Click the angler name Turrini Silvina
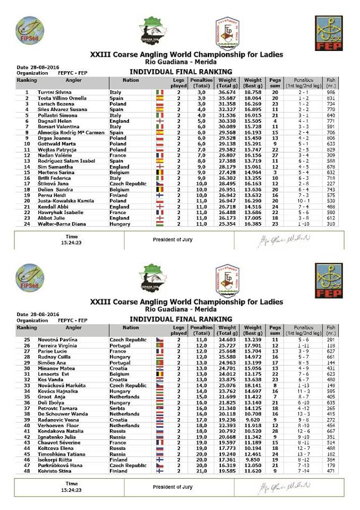(50, 92)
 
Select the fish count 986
(331, 92)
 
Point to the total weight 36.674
(227, 92)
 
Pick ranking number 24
(26, 224)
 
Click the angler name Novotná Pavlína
(53, 339)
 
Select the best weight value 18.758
(252, 92)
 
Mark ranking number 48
(26, 471)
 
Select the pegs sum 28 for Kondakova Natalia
(275, 430)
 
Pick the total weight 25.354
(227, 224)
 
